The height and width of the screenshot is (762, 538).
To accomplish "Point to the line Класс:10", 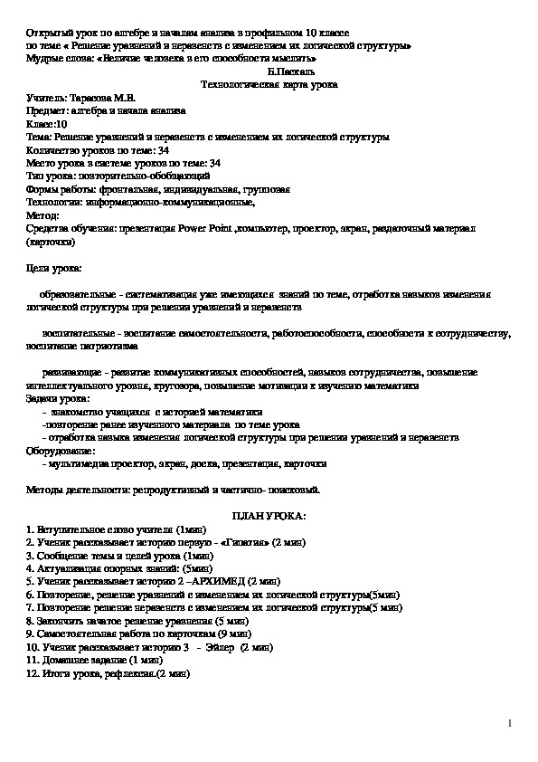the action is [46, 124].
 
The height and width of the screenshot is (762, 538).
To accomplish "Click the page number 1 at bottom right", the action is [511, 722].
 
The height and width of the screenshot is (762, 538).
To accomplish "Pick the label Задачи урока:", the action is [59, 398].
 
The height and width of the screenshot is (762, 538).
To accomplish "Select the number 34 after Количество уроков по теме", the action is [162, 150].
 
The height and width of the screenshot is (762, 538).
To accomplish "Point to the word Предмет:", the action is [50, 110].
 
